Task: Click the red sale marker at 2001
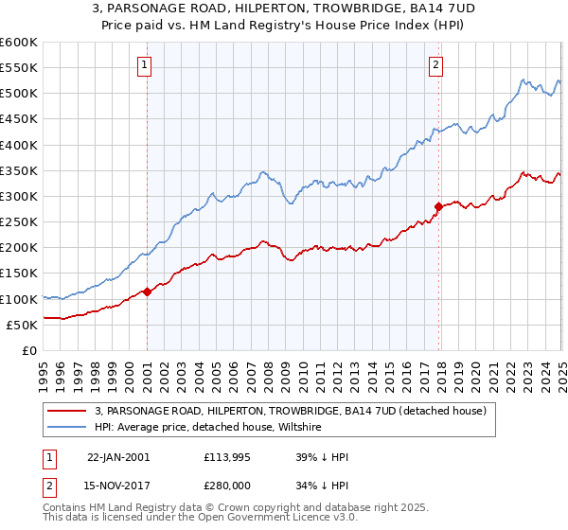click(148, 291)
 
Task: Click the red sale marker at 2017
click(438, 206)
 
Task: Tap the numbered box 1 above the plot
click(145, 65)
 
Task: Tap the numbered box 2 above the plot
click(435, 65)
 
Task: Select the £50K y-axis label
click(21, 325)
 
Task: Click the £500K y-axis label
click(18, 93)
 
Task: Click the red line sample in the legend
click(68, 411)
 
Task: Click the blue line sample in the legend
click(68, 428)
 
